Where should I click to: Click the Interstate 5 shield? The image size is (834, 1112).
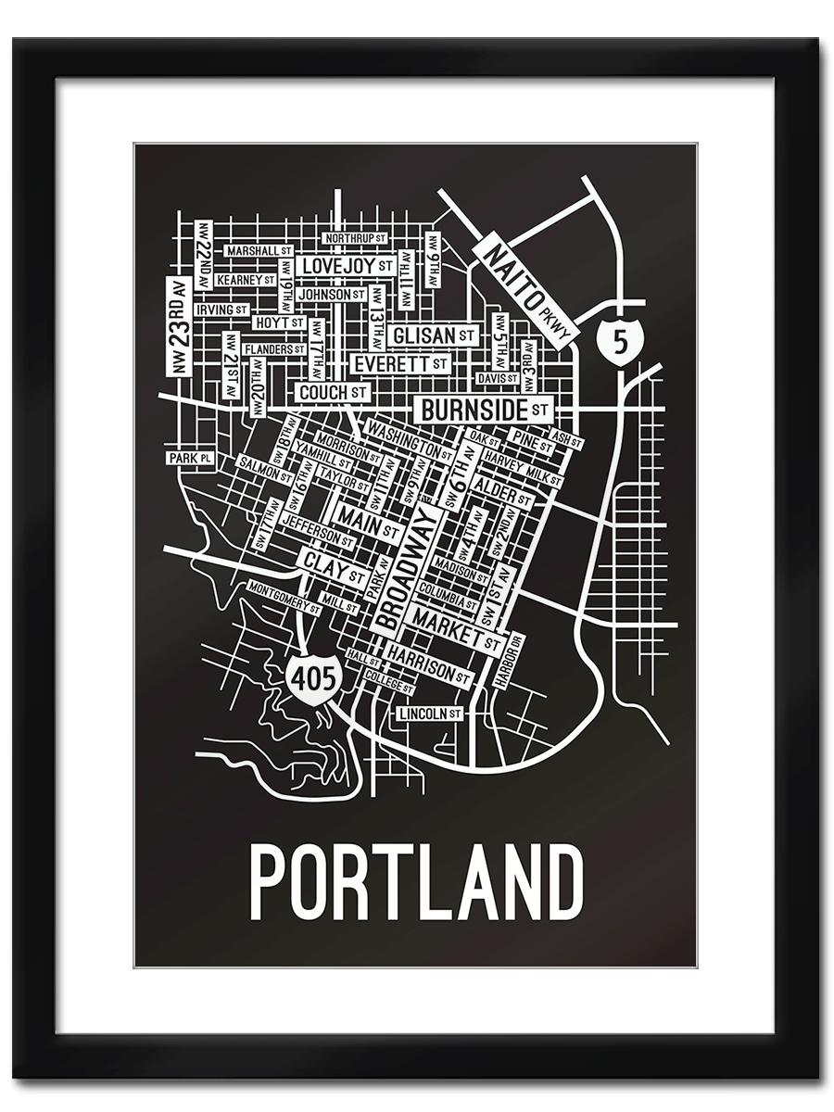pos(618,340)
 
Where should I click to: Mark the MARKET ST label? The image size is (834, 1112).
pos(457,627)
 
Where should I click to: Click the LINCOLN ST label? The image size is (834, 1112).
pos(429,714)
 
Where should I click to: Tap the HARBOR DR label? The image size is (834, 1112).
pos(510,660)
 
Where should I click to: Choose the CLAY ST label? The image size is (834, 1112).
pos(329,564)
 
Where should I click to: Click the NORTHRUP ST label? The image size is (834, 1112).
pos(354,239)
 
